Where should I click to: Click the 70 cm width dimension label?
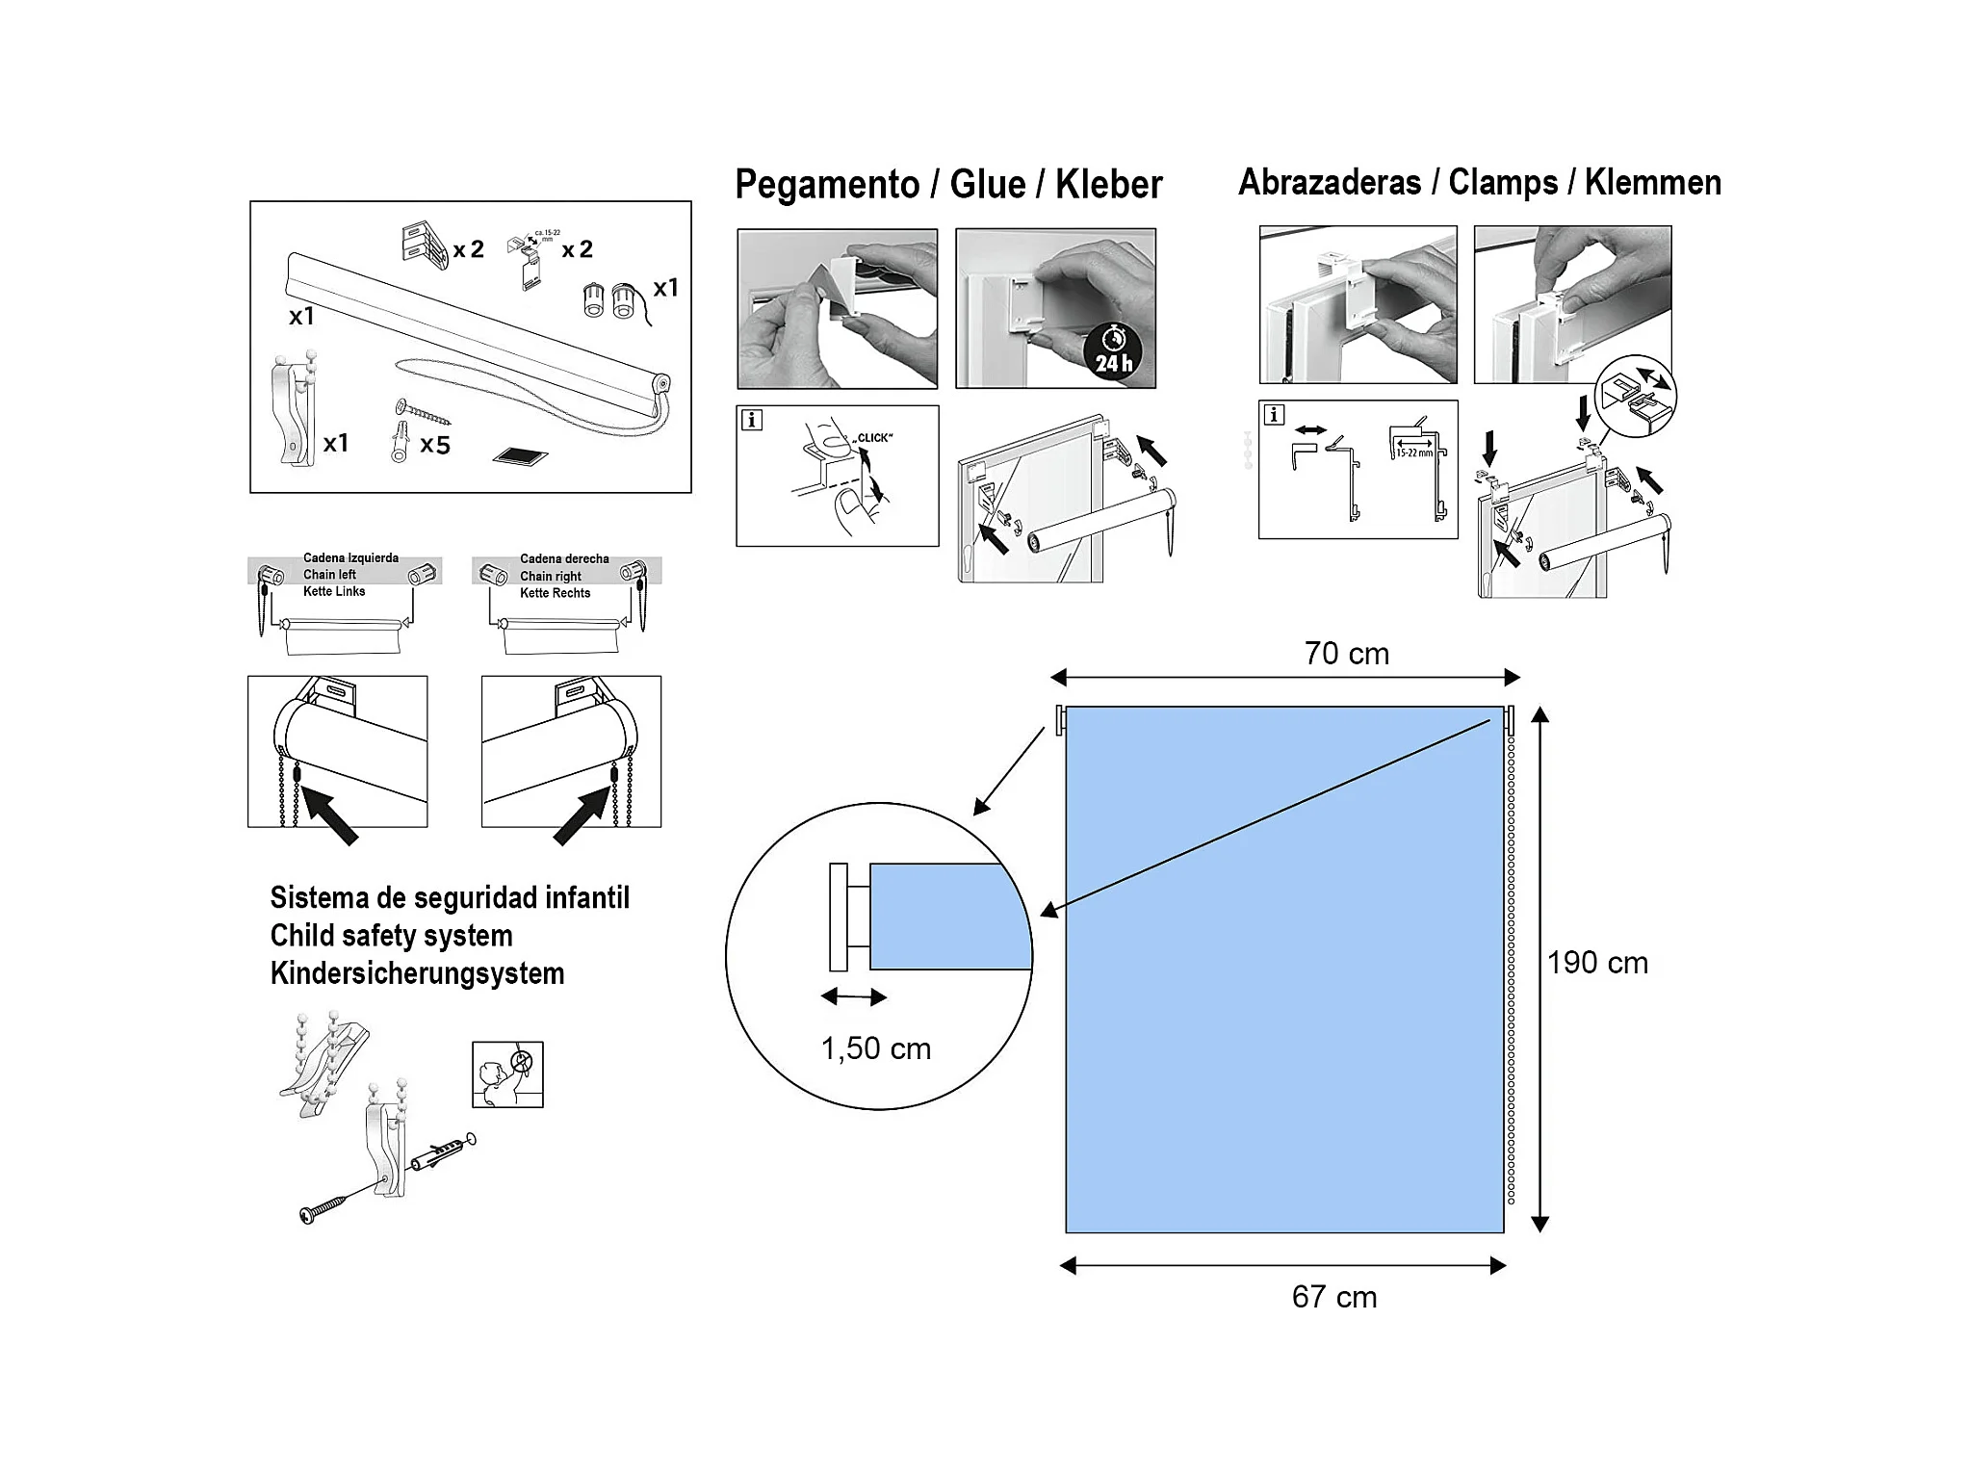pos(1346,654)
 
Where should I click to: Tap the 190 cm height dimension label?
pos(1597,963)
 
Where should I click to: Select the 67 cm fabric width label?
pos(1333,1297)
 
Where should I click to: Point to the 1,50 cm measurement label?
pos(875,1048)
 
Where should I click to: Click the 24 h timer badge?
pos(1114,351)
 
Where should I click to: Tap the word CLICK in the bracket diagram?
pos(874,438)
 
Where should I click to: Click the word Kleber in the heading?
pos(1108,184)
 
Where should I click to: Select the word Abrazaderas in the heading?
pos(1329,182)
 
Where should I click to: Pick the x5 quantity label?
pos(435,445)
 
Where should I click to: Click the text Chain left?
pos(329,575)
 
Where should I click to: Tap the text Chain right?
pos(550,577)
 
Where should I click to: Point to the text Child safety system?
pos(391,936)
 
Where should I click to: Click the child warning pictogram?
pos(507,1074)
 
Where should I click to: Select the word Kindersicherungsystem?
pos(417,973)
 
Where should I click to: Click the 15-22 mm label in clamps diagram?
pos(1413,453)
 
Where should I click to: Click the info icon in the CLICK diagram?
pos(752,420)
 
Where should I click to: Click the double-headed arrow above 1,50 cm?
pos(853,997)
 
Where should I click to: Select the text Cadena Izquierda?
pos(350,558)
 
